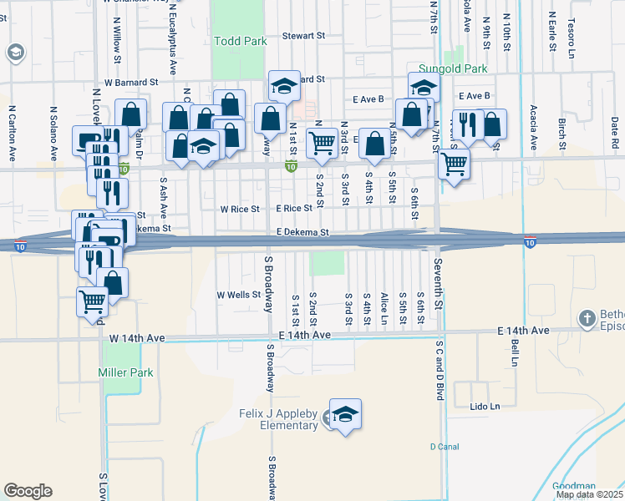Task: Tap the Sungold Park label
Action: click(451, 68)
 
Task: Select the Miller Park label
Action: click(125, 372)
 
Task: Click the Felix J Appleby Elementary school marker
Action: click(345, 414)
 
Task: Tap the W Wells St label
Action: click(239, 295)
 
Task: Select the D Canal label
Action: click(445, 447)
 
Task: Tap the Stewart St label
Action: click(302, 36)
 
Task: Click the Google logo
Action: click(28, 491)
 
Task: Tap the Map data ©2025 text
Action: click(590, 494)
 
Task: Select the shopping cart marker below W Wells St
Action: click(92, 301)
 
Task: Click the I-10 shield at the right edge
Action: click(530, 241)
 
